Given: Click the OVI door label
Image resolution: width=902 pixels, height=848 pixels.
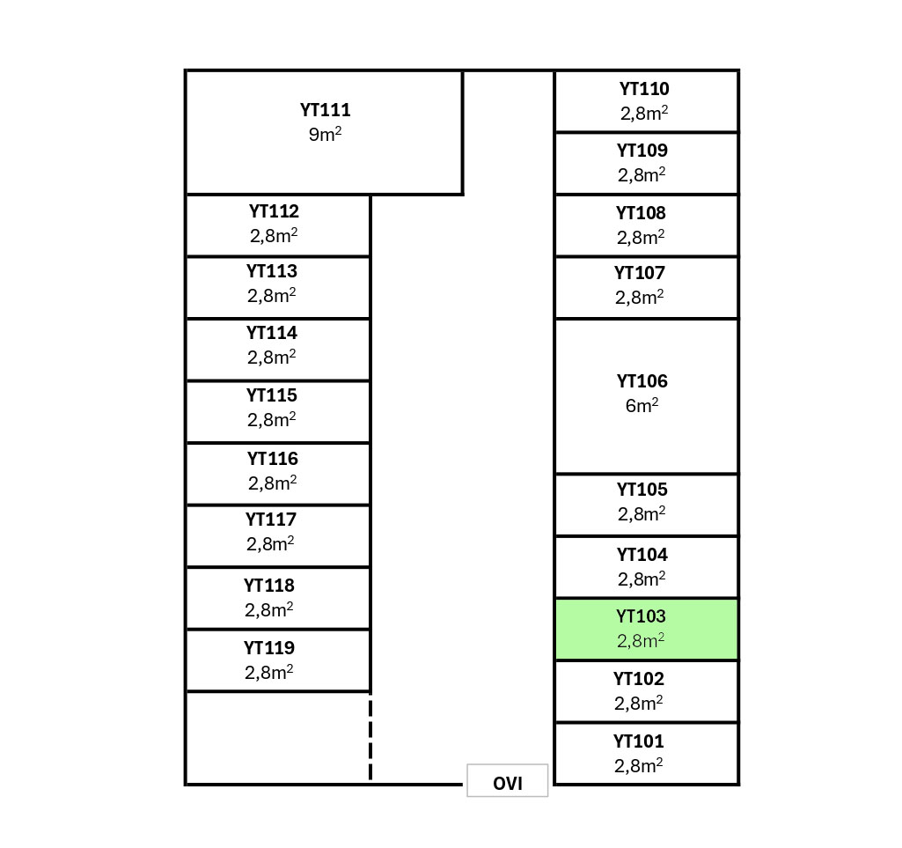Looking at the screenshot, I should click(508, 783).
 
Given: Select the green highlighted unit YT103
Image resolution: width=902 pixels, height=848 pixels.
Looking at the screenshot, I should click(646, 630).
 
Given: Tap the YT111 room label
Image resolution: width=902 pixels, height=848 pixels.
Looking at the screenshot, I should click(325, 110).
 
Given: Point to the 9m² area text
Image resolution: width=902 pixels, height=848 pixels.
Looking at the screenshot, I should click(325, 135).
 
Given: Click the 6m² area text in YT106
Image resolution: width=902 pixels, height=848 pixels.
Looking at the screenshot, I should click(642, 406).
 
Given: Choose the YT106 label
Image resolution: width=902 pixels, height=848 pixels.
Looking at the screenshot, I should click(642, 381).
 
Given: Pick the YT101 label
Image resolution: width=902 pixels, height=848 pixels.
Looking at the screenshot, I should click(639, 741).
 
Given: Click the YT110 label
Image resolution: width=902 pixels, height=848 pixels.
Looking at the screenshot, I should click(644, 89).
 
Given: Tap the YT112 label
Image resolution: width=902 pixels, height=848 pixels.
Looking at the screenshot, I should click(274, 211).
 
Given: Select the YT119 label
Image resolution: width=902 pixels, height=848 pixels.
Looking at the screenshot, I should click(269, 648).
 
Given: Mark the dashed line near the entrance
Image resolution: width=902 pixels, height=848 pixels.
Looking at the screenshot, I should click(370, 738).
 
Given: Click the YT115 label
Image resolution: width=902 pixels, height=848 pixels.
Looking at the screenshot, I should click(272, 395).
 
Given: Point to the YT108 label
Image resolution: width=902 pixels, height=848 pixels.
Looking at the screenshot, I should click(641, 213).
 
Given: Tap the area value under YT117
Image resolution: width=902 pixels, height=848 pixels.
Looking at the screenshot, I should click(271, 544).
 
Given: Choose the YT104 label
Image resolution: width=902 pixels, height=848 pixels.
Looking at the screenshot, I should click(642, 555).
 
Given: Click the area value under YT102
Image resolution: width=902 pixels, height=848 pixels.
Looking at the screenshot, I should click(639, 704).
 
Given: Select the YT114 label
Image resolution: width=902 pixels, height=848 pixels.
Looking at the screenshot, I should click(272, 333).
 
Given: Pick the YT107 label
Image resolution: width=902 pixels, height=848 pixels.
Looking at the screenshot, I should click(640, 273).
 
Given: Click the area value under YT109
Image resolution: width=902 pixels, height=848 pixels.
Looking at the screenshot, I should click(642, 175).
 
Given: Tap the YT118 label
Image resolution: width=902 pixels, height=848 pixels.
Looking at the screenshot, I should click(269, 586).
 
